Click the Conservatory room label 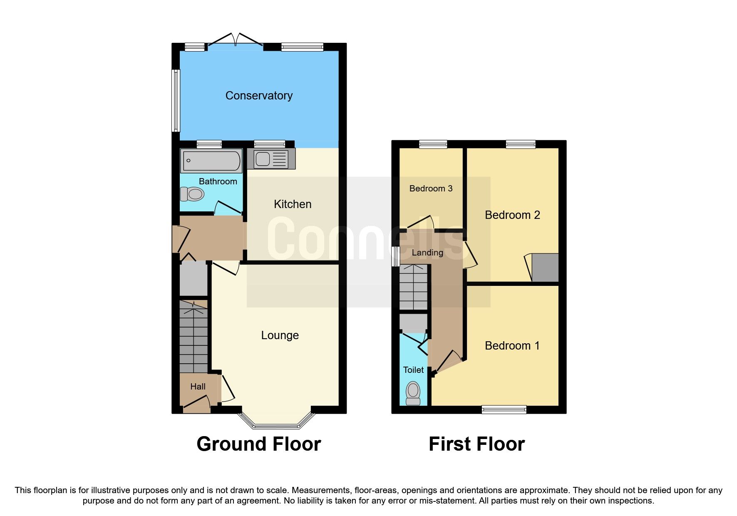(x=259, y=96)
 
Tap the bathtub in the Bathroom (x=211, y=160)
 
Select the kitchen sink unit (x=271, y=159)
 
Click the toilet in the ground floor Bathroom (x=192, y=194)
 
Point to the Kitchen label (x=293, y=204)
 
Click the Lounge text (x=280, y=335)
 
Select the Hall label (x=198, y=387)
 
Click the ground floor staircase (x=194, y=339)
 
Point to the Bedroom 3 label (x=431, y=189)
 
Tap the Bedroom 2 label (x=512, y=215)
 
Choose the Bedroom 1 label (x=512, y=346)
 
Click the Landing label (x=427, y=253)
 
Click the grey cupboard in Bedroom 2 (x=545, y=268)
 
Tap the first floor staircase (x=414, y=287)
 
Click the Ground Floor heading (x=258, y=444)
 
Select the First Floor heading (x=476, y=444)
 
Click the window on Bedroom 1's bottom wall (x=504, y=409)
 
